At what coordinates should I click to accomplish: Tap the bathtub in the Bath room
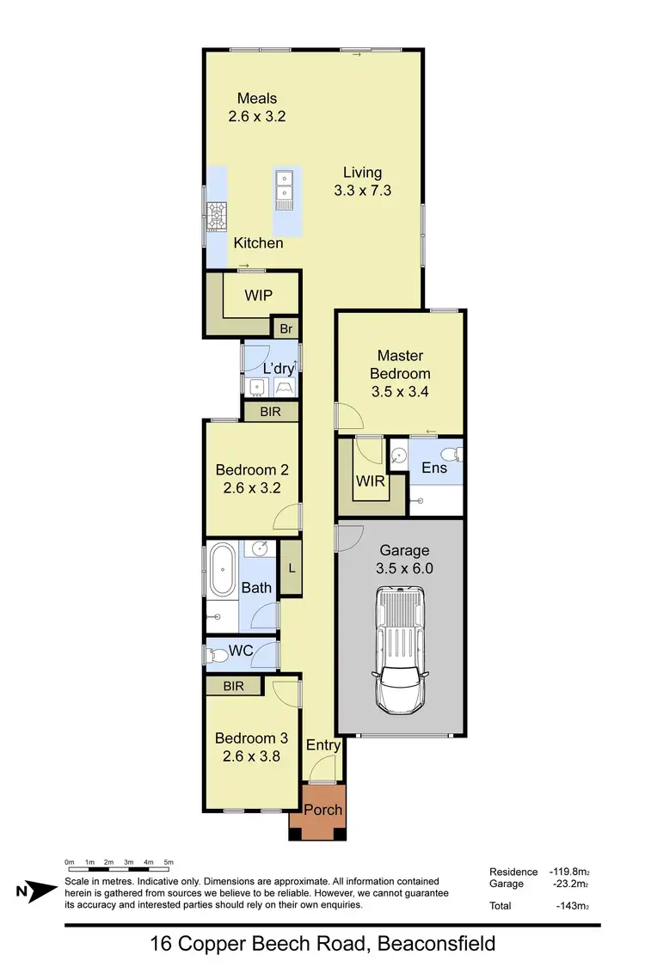223,568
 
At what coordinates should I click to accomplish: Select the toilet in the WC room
216,655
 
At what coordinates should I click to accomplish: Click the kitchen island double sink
284,188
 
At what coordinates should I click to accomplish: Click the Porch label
323,810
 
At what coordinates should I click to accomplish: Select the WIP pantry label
258,295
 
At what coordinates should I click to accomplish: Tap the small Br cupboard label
286,328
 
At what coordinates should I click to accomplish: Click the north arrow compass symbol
35,892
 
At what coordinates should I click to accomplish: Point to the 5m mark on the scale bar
169,861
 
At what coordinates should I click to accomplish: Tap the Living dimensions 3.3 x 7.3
362,191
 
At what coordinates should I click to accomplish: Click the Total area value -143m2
572,906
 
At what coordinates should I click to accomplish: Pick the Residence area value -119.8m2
567,872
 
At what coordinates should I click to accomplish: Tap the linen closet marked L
292,567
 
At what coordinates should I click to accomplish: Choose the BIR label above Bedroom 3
233,686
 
